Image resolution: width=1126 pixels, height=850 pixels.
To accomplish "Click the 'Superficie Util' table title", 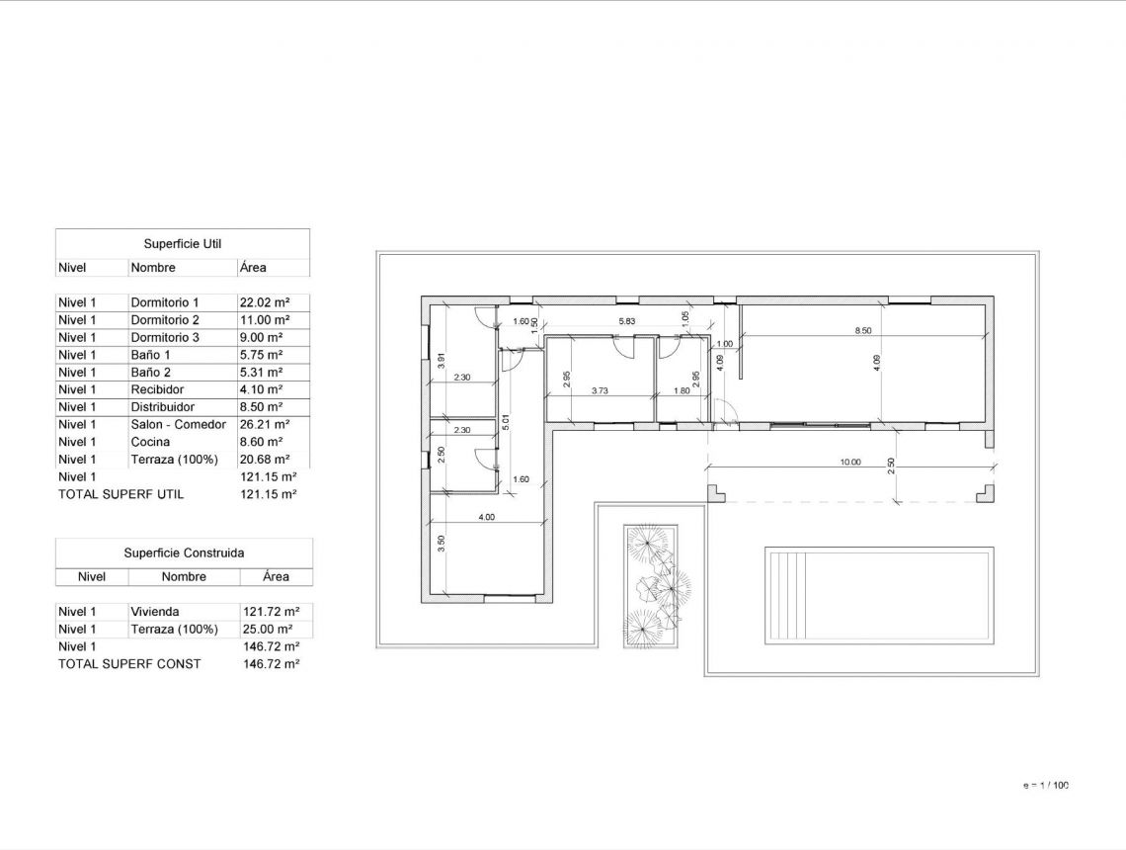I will (182, 243).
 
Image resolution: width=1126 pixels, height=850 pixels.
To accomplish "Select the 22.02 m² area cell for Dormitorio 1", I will (264, 302).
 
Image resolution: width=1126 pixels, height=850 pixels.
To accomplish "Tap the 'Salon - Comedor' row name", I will (178, 425).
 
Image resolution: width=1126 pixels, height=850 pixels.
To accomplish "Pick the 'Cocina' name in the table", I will (150, 442).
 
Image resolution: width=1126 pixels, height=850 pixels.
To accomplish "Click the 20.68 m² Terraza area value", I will (264, 460).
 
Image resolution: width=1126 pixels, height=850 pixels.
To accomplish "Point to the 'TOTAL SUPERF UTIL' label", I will (121, 494).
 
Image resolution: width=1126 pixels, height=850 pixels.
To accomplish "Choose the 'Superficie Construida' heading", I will (184, 553).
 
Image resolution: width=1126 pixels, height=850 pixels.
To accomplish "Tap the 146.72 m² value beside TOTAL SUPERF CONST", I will (270, 664).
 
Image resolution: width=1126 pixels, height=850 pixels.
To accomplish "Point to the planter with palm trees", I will (656, 586).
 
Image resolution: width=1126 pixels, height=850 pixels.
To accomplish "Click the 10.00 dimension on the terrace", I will (849, 462).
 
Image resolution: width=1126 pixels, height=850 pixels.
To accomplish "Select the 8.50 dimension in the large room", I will (862, 331).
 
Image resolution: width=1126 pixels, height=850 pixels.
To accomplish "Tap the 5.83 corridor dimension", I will (627, 321).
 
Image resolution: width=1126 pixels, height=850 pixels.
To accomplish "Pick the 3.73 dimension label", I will (600, 391).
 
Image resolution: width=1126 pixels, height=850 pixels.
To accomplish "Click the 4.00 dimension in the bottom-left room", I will (486, 517).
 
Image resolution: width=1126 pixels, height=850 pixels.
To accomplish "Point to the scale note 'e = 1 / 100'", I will (1046, 786).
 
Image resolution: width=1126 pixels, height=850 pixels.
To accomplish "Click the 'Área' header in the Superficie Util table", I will (252, 268).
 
